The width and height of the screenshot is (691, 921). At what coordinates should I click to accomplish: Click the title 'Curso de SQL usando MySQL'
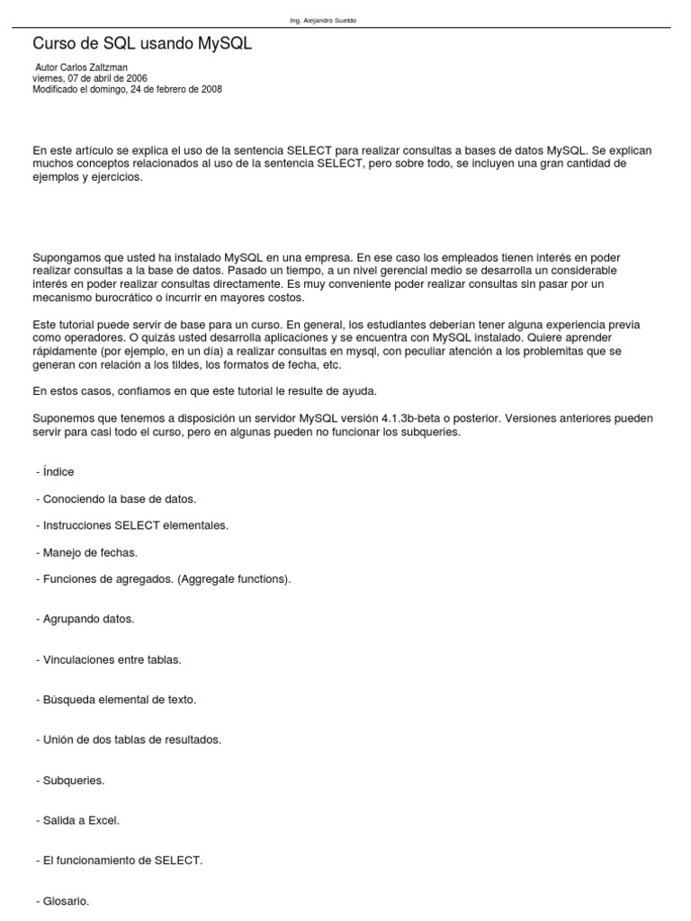pyautogui.click(x=142, y=43)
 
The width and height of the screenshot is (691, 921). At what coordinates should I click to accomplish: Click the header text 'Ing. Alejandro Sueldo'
pyautogui.click(x=323, y=21)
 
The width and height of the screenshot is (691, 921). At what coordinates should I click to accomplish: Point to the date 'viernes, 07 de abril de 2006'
pyautogui.click(x=90, y=78)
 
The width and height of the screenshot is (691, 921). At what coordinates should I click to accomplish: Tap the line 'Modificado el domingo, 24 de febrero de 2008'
pyautogui.click(x=127, y=89)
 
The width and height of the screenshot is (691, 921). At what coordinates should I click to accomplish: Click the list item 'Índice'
pyautogui.click(x=58, y=472)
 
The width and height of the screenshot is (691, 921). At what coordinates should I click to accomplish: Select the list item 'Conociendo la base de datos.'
pyautogui.click(x=119, y=498)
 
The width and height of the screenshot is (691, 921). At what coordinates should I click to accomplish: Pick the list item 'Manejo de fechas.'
pyautogui.click(x=90, y=552)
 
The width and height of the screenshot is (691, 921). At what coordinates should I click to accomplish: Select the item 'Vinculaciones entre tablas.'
pyautogui.click(x=112, y=659)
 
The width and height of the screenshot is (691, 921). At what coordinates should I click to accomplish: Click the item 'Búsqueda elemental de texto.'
pyautogui.click(x=119, y=699)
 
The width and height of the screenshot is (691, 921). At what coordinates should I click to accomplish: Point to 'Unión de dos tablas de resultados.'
pyautogui.click(x=131, y=739)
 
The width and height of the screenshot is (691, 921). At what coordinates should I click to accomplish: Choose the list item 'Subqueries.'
pyautogui.click(x=74, y=780)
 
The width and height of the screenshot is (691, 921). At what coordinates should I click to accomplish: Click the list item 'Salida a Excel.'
pyautogui.click(x=81, y=820)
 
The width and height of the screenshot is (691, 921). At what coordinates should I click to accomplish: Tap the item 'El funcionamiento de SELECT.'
pyautogui.click(x=122, y=861)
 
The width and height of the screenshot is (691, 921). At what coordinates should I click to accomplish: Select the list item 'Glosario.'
pyautogui.click(x=66, y=900)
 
